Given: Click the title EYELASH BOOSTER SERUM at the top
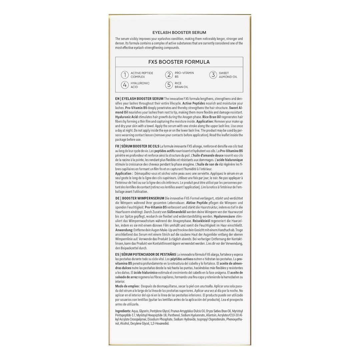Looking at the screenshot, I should (x=179, y=32).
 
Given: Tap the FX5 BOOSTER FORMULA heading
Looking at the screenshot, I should (x=179, y=62).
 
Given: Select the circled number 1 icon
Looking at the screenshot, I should (x=125, y=75).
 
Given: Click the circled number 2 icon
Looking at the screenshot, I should (x=169, y=75).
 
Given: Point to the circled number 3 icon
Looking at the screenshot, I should (x=213, y=75).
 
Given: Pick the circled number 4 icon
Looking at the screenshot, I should (x=125, y=85).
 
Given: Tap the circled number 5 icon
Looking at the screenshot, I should (x=169, y=85).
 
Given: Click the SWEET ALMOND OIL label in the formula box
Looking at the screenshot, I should (x=228, y=75).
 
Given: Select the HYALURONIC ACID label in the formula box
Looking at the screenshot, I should (x=140, y=85).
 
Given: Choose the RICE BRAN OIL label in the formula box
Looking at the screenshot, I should (x=182, y=85).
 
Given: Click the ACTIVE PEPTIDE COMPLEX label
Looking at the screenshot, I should (x=142, y=75).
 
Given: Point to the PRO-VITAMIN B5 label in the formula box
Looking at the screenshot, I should (x=184, y=75).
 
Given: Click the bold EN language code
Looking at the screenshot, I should (x=117, y=99).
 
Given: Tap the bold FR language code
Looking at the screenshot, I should (x=117, y=146).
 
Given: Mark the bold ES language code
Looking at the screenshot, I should (x=117, y=255).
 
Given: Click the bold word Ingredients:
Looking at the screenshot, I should (x=123, y=311).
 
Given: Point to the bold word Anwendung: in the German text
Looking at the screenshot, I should (x=124, y=230).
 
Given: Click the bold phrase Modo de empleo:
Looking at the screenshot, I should (x=127, y=286).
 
